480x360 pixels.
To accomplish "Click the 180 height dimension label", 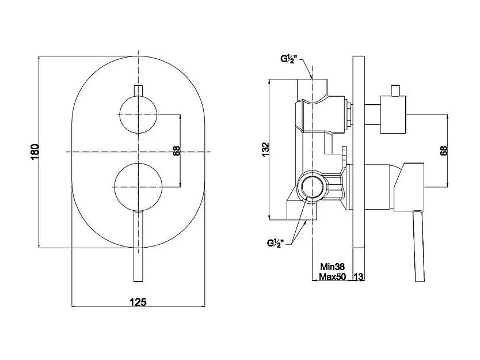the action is coord(36,151).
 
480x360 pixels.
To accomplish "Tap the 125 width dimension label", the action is coord(138,302).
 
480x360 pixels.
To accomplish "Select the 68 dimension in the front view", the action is coord(177,151).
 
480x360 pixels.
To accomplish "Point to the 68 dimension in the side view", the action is coord(444,151).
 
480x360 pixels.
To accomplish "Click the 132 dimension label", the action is coord(266,149).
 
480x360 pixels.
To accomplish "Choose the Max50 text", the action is coord(333,276).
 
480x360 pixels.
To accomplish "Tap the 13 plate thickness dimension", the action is coord(359,276).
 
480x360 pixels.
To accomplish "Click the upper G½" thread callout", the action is coord(289,59).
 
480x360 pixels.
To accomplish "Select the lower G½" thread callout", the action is coord(276,243).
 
